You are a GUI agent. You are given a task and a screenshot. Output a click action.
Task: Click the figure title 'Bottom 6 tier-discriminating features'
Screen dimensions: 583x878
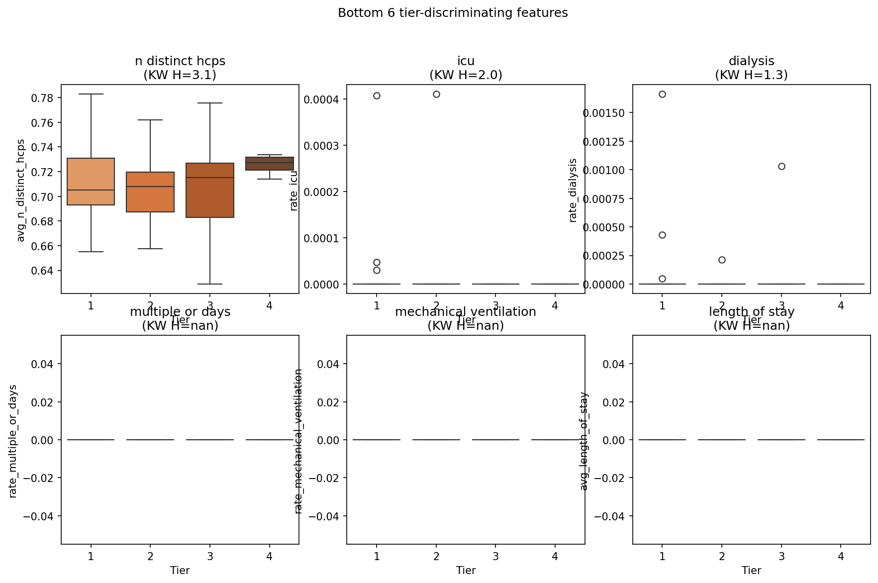point(453,13)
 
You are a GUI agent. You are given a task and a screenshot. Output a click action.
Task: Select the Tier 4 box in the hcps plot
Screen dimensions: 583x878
point(270,164)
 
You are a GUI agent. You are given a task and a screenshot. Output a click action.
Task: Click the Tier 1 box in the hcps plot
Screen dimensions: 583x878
point(91,182)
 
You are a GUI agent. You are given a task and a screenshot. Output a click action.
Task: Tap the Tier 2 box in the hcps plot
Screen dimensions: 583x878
point(150,192)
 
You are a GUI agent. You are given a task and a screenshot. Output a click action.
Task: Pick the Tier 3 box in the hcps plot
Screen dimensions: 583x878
point(210,190)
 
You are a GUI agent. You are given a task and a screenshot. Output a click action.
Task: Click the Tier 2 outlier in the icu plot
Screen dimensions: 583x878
point(436,95)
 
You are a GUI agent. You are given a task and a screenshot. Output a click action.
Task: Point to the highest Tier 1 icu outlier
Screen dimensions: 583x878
point(377,96)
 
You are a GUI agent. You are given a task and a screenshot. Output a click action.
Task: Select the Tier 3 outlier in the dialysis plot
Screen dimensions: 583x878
point(781,166)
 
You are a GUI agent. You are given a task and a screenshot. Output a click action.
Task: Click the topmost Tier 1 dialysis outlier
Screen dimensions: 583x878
point(662,94)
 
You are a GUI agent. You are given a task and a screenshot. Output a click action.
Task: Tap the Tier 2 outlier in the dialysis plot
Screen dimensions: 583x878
point(722,260)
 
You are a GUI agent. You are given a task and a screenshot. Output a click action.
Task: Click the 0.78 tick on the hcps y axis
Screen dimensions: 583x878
point(42,98)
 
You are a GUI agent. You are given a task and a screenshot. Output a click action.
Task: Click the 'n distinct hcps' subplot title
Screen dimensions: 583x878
point(180,61)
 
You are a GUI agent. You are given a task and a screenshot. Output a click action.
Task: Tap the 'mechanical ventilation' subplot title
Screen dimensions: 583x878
point(466,312)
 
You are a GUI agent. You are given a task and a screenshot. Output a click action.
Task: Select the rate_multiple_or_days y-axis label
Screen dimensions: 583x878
point(13,441)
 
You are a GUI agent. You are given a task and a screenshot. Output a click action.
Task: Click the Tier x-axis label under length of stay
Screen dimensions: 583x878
point(751,571)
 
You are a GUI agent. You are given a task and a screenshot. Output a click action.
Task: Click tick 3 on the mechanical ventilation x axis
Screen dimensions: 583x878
point(495,556)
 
